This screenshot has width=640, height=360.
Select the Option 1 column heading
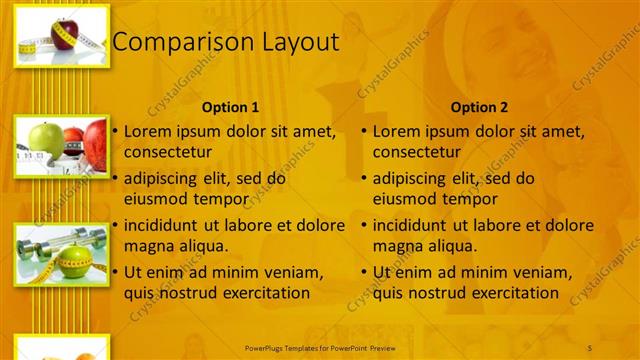pos(230,107)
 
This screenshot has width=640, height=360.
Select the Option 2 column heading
pos(479,107)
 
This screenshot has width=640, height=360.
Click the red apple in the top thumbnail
pos(64,30)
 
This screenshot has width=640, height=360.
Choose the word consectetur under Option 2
pos(417,153)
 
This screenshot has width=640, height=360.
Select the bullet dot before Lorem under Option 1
pos(115,132)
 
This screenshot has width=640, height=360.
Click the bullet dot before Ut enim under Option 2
pos(364,273)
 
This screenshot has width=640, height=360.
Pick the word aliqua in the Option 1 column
pos(201,246)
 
